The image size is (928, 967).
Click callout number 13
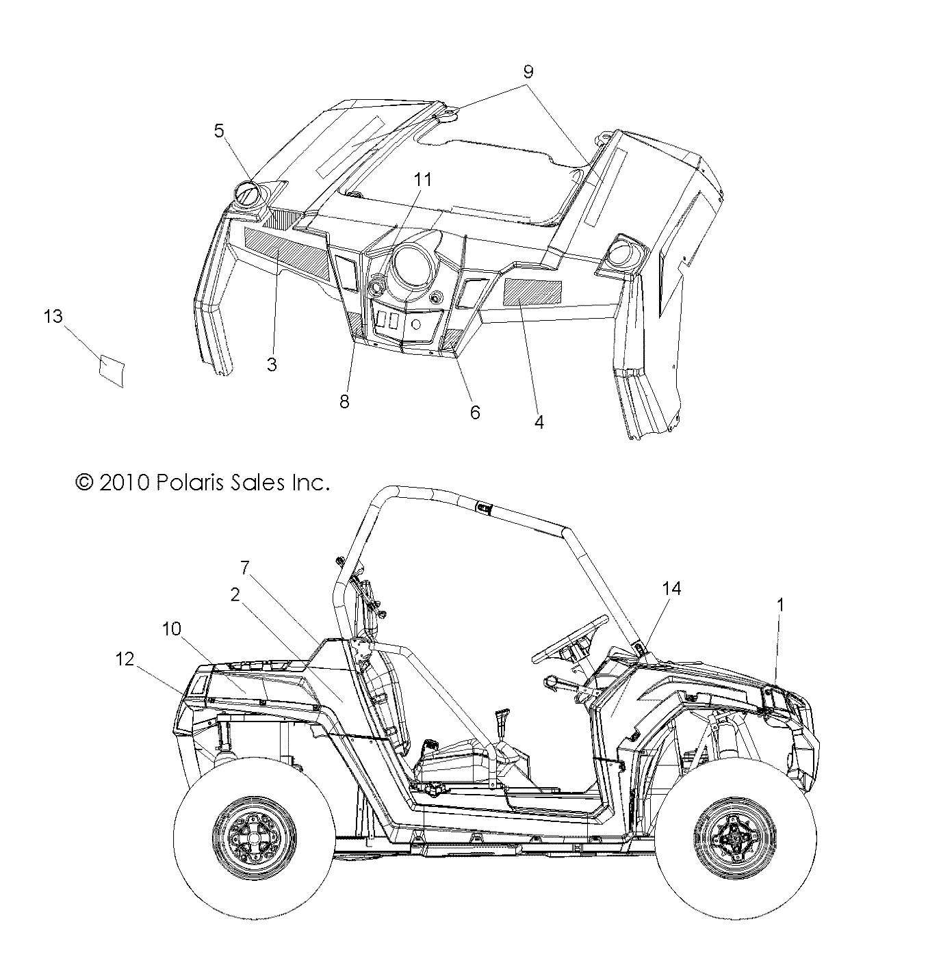click(53, 317)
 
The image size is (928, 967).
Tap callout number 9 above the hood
click(527, 72)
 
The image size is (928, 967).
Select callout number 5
click(219, 131)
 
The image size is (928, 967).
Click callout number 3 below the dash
click(272, 365)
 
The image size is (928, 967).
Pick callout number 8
click(344, 401)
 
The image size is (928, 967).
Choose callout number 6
click(474, 412)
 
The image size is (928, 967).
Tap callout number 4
click(539, 423)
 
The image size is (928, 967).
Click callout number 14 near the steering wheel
click(671, 588)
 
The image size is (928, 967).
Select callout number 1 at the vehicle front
click(779, 605)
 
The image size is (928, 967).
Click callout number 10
click(172, 628)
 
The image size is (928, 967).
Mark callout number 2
click(235, 595)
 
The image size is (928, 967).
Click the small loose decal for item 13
click(112, 369)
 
